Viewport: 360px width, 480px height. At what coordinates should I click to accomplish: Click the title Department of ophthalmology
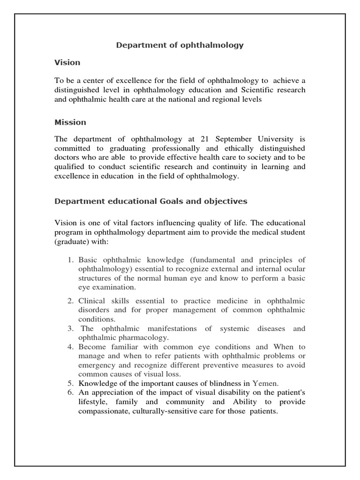(180, 45)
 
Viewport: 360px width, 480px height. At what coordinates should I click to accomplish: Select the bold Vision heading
(67, 62)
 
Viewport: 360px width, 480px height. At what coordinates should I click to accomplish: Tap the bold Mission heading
(70, 122)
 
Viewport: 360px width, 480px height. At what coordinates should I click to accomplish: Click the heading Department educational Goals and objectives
(151, 201)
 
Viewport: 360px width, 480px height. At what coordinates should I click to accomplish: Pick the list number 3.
(69, 329)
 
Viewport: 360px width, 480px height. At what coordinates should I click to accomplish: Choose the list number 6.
(69, 391)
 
